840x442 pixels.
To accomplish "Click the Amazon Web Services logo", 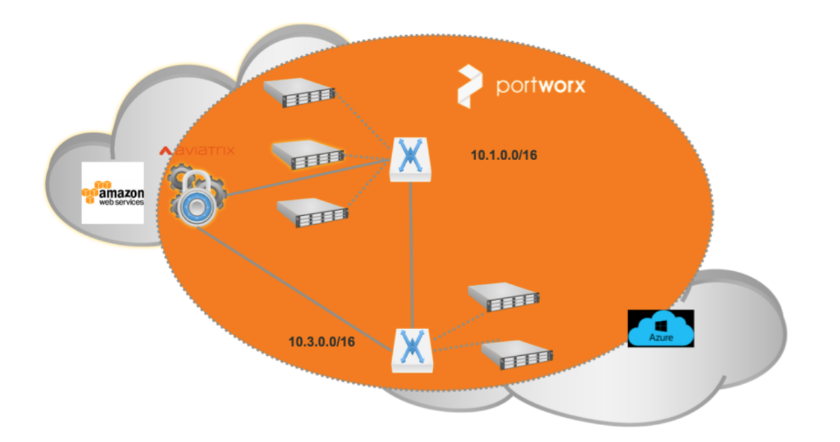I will pos(112,192).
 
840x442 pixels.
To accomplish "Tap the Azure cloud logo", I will pos(660,328).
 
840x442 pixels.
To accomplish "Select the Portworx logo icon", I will pos(469,86).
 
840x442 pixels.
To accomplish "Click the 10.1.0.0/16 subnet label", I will pos(504,156).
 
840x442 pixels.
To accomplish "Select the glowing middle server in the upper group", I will pos(307,154).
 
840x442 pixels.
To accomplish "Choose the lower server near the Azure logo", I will pos(517,355).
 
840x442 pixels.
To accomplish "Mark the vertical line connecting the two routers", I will pos(412,256).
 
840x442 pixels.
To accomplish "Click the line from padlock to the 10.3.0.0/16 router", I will pos(296,290).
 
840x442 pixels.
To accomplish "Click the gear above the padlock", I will pos(182,182).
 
